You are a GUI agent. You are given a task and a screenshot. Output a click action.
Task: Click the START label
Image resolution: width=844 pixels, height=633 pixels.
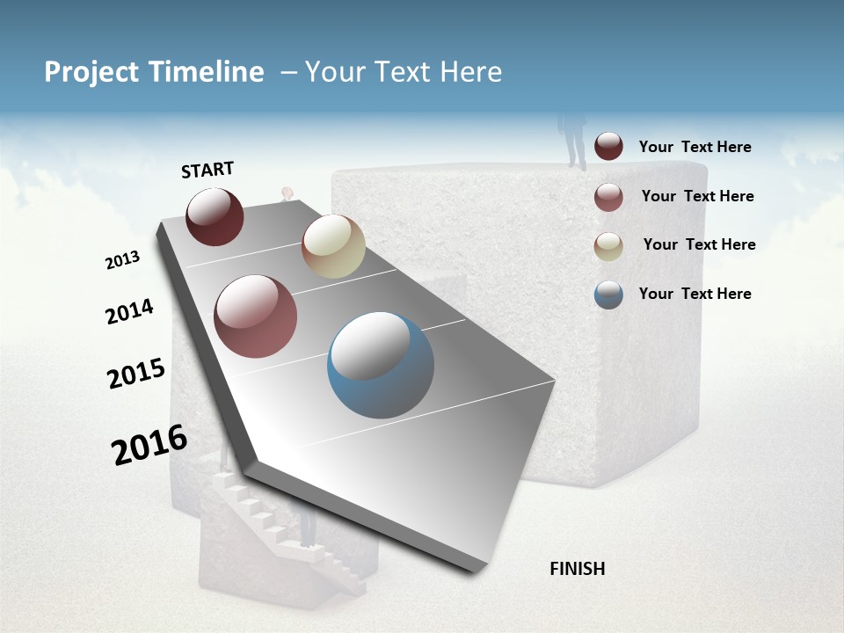[207, 170]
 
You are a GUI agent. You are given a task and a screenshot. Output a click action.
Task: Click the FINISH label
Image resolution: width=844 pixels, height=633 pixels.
[577, 569]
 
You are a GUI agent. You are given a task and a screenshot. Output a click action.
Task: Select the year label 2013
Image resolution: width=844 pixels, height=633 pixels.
[122, 260]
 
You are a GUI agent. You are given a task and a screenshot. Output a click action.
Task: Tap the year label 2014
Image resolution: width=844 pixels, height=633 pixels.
[129, 312]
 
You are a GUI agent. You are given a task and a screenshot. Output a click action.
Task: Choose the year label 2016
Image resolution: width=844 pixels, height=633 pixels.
[149, 445]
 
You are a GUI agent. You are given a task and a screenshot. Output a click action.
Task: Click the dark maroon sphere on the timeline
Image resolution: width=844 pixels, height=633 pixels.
[215, 216]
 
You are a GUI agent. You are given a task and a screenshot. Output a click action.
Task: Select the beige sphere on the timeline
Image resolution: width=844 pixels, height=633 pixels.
[333, 246]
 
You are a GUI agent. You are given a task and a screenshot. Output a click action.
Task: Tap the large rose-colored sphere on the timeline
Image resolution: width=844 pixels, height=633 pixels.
[256, 316]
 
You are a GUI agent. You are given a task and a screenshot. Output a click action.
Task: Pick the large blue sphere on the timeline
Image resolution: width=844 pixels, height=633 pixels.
[381, 365]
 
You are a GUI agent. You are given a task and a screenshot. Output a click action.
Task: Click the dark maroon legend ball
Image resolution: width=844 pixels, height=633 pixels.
[608, 147]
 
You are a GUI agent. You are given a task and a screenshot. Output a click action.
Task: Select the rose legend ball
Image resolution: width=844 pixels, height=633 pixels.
[608, 197]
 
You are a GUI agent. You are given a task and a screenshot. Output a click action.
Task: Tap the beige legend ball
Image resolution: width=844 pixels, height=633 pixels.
[608, 246]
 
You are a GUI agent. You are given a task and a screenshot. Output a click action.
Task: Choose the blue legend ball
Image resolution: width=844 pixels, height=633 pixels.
[608, 295]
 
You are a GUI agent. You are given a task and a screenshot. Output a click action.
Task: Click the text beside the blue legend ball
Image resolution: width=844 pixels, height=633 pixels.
[695, 294]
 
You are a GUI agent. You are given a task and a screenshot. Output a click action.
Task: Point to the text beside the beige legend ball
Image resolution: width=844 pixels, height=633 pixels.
[699, 244]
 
